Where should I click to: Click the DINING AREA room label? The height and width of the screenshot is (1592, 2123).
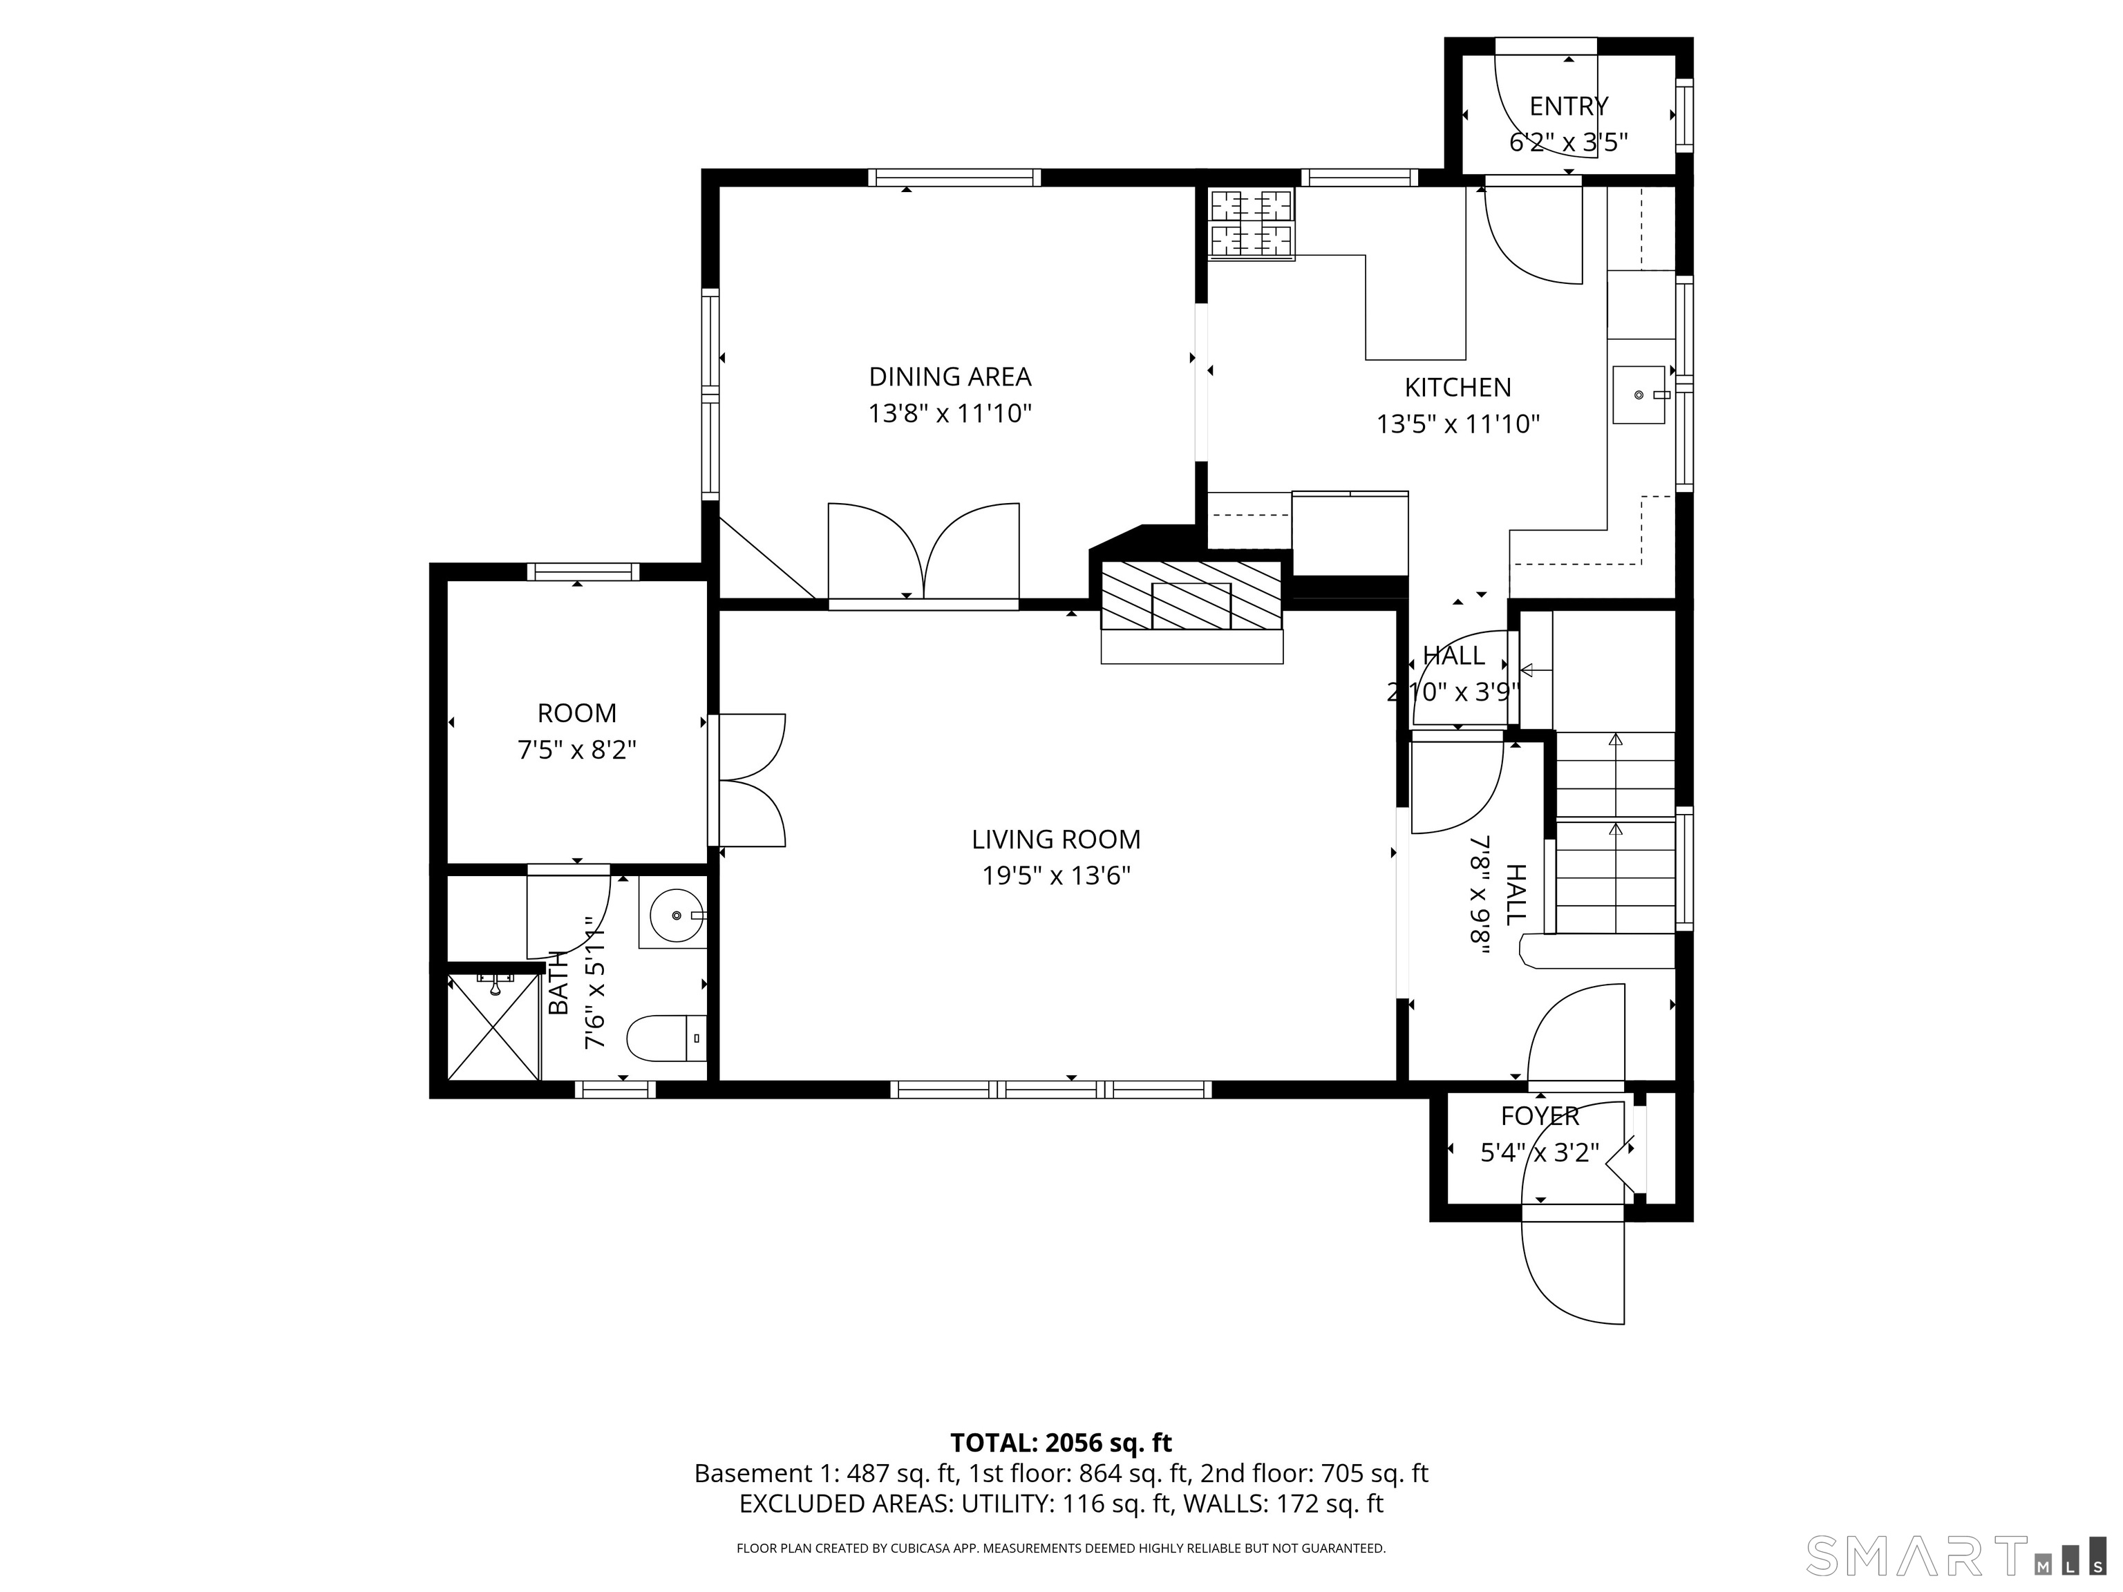[x=950, y=376]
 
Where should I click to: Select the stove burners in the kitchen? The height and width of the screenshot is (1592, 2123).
[x=1251, y=224]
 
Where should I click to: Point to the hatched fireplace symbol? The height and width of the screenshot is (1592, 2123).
[x=1190, y=596]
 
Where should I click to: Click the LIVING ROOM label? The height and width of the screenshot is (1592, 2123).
[x=1056, y=840]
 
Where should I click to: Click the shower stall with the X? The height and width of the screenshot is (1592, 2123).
[x=493, y=1026]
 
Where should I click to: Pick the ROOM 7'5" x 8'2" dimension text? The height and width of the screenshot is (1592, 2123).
[x=577, y=750]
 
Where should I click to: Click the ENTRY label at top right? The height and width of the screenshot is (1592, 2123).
[x=1568, y=106]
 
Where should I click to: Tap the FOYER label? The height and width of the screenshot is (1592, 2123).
[x=1540, y=1116]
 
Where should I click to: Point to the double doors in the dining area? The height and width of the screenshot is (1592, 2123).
[x=923, y=553]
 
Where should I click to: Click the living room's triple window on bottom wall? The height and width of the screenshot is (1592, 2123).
[x=1051, y=1089]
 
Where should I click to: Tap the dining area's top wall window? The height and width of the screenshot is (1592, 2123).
[x=954, y=178]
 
